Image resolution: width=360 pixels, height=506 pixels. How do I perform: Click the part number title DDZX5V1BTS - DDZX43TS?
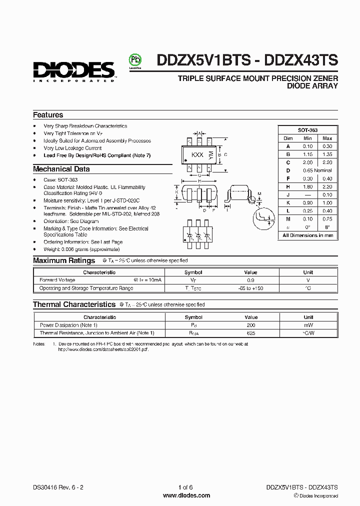click(x=247, y=60)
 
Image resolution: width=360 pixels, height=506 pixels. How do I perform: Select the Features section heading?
click(x=48, y=115)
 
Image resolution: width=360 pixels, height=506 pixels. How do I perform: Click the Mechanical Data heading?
click(x=61, y=169)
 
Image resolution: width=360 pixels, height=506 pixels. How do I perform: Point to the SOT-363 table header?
click(x=307, y=130)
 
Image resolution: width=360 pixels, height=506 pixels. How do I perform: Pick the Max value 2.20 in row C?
click(x=327, y=162)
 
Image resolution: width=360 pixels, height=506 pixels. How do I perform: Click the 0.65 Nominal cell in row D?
click(x=317, y=170)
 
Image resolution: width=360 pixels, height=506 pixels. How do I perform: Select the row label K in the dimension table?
click(x=288, y=202)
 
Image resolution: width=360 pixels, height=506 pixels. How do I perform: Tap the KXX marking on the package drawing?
click(x=197, y=155)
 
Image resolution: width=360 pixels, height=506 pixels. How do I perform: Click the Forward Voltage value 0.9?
click(x=251, y=280)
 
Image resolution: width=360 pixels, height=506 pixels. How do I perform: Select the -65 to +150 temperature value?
click(x=251, y=288)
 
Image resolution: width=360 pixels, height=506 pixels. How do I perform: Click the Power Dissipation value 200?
click(x=251, y=325)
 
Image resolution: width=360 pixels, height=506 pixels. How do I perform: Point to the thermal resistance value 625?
click(x=251, y=333)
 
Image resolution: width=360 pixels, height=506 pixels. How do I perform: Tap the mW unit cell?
click(x=308, y=325)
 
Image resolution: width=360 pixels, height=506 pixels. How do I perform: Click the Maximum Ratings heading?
click(x=64, y=260)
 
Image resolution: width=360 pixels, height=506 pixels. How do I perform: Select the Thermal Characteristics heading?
click(x=74, y=304)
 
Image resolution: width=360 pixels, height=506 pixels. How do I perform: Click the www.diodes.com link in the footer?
click(x=186, y=495)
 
